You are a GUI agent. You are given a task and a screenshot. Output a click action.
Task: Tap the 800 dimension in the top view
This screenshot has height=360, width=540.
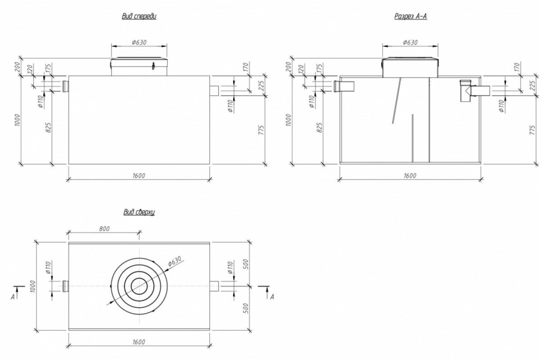pos(103,229)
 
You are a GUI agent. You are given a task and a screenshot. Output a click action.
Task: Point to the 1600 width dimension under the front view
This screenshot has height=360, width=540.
pos(139,175)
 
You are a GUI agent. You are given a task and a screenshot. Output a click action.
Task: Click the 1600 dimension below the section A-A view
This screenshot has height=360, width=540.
pos(410,175)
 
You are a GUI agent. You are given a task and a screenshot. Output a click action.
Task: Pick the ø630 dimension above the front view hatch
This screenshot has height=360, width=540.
pos(139,42)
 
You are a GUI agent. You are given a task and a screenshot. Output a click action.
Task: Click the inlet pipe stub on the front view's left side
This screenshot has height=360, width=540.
pos(66,85)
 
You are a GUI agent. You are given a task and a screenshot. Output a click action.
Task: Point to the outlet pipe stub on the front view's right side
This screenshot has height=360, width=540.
pos(214,90)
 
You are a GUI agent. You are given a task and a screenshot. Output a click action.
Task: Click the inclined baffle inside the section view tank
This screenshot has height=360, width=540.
pos(396,100)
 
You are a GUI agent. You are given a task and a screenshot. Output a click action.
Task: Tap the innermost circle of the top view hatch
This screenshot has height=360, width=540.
pos(139,286)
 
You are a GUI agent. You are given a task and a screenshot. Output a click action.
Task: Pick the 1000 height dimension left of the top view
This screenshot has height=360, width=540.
pos(32,286)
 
